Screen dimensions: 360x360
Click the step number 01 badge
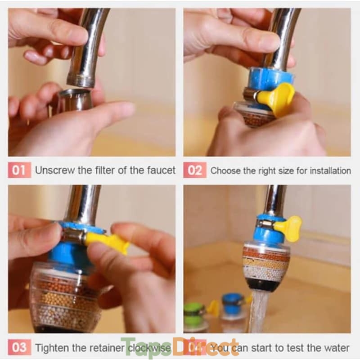19,170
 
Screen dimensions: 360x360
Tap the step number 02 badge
195,170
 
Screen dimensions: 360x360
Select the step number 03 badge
19,347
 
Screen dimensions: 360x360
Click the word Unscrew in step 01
55,170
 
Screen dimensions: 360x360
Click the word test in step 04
294,348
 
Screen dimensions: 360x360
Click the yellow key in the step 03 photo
108,242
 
